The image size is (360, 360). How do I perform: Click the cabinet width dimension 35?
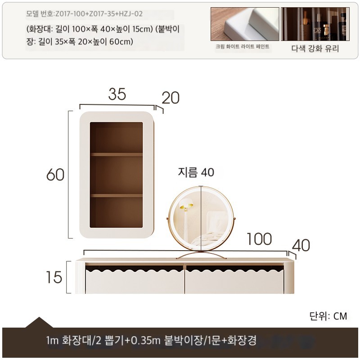tap(117, 94)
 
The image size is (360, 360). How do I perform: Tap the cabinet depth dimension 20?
tap(171, 98)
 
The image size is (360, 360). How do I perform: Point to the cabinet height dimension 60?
tap(55, 175)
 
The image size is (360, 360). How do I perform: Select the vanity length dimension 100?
tap(259, 239)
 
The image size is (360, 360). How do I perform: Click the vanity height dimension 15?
tap(54, 277)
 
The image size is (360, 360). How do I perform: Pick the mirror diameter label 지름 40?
tap(196, 172)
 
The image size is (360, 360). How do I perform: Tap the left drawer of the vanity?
tap(135, 281)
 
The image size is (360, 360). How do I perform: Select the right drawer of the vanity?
tap(234, 281)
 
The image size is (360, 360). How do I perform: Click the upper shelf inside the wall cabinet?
tap(117, 154)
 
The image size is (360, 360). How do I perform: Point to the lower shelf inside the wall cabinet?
tap(117, 195)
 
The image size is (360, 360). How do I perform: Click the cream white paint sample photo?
tap(245, 24)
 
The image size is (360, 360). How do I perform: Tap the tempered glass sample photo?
tap(315, 24)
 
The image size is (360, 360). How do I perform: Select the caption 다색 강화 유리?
tap(315, 49)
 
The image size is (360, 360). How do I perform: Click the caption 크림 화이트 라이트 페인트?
tap(243, 46)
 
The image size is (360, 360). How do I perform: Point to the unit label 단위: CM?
tap(328, 316)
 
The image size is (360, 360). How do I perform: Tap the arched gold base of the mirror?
tap(201, 255)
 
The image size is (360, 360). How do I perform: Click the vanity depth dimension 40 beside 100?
tap(301, 245)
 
